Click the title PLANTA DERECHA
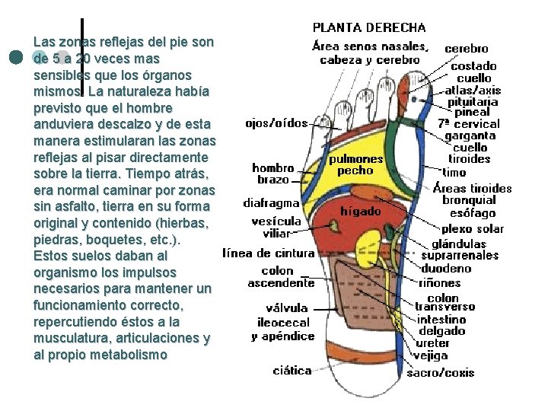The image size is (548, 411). pyautogui.click(x=370, y=28)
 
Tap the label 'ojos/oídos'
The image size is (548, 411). pyautogui.click(x=276, y=123)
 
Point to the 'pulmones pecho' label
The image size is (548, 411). pyautogui.click(x=355, y=165)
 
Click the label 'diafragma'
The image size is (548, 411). pyautogui.click(x=271, y=203)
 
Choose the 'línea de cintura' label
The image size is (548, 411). pyautogui.click(x=268, y=253)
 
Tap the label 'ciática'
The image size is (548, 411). pyautogui.click(x=292, y=371)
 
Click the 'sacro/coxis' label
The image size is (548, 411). pyautogui.click(x=440, y=372)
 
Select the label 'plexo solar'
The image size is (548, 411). pyautogui.click(x=473, y=228)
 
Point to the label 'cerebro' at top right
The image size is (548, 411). pyautogui.click(x=467, y=48)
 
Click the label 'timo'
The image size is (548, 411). pyautogui.click(x=455, y=173)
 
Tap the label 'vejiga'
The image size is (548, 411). pyautogui.click(x=431, y=355)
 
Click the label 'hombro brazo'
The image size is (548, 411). pyautogui.click(x=273, y=174)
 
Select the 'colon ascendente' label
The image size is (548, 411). pyautogui.click(x=281, y=277)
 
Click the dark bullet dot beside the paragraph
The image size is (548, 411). pyautogui.click(x=15, y=58)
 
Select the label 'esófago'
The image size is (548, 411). pyautogui.click(x=473, y=213)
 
